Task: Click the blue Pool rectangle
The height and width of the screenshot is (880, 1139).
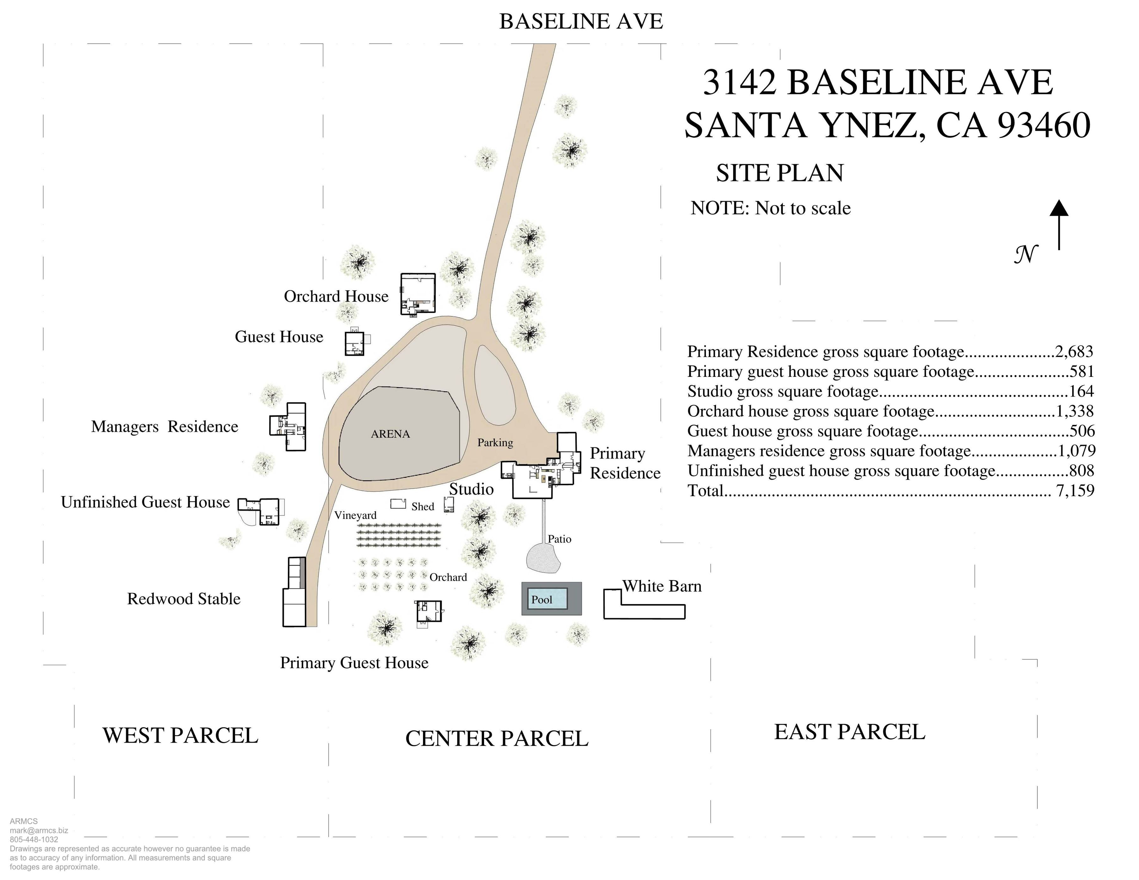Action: [548, 598]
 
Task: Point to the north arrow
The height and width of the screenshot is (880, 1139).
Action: [1059, 225]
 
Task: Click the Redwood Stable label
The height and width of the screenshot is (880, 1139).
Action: [184, 599]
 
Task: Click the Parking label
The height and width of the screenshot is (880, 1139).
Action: [495, 443]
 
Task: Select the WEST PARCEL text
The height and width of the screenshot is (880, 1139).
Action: [180, 735]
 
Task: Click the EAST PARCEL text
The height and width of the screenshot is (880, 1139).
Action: [850, 732]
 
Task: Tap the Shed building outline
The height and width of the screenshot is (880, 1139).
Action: [398, 503]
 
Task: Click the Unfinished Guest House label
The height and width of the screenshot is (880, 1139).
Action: [145, 502]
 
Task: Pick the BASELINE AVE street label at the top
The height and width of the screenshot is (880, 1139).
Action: [581, 22]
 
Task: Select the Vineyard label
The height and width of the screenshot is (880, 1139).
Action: [355, 515]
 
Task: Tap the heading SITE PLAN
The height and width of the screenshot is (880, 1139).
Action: [779, 173]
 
